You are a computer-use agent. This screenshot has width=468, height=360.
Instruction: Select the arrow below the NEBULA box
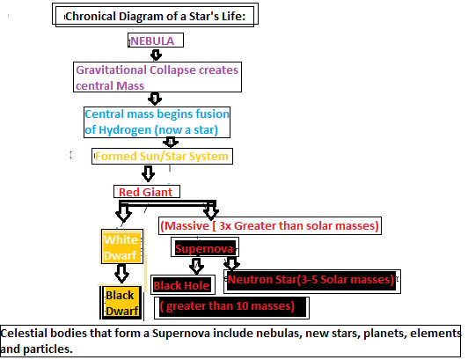[156, 55]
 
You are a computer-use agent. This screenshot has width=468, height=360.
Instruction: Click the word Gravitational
[111, 70]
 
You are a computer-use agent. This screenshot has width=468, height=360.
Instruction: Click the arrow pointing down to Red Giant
[148, 173]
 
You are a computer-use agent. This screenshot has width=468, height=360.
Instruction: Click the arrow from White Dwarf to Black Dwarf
[121, 274]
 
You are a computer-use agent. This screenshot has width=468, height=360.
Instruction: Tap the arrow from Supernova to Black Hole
[196, 266]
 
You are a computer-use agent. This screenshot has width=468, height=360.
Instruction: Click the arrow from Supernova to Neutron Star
[231, 263]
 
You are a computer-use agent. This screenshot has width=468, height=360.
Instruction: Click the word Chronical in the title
[91, 16]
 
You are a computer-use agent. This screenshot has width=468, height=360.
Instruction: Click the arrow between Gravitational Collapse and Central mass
[155, 99]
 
